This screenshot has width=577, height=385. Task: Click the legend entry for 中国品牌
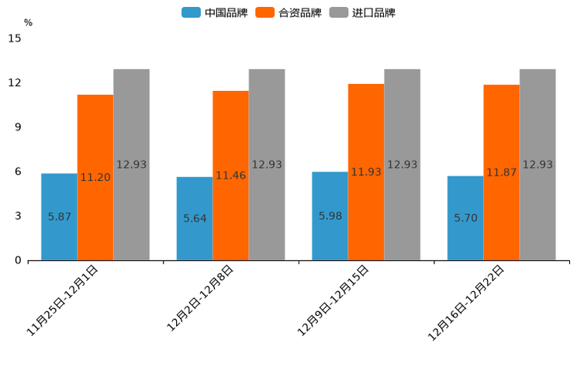tap(215, 12)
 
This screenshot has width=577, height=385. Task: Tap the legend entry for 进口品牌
tap(362, 12)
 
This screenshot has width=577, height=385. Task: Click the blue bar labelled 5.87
tap(59, 217)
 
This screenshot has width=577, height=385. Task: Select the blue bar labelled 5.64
tap(195, 218)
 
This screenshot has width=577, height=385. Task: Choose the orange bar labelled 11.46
tap(230, 175)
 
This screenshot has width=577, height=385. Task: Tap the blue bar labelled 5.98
tap(330, 216)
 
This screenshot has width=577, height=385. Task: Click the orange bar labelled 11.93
tap(366, 172)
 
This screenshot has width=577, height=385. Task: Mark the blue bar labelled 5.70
tap(465, 217)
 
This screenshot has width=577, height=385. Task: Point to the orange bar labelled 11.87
tap(501, 172)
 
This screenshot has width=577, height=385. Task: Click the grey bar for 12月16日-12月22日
tap(537, 165)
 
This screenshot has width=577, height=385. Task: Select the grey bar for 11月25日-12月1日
tap(131, 165)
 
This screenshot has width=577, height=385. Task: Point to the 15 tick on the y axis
tap(15, 38)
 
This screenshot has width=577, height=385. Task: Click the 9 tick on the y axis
tap(18, 127)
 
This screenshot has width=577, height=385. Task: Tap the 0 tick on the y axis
tap(18, 261)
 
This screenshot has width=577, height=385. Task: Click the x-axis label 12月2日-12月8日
tap(199, 299)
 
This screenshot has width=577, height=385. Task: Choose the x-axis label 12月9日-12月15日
tap(333, 300)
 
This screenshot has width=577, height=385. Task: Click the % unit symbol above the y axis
tap(28, 23)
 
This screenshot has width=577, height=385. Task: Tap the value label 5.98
tap(330, 216)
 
